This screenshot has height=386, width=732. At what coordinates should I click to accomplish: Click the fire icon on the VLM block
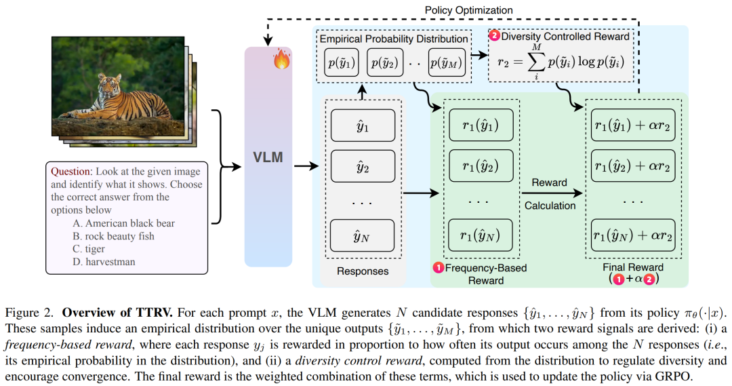(x=281, y=61)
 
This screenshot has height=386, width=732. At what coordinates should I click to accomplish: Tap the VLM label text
(x=268, y=159)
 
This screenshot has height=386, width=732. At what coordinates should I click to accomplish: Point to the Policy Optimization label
(x=468, y=10)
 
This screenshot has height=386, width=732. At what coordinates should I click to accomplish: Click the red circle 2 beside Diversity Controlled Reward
(x=494, y=35)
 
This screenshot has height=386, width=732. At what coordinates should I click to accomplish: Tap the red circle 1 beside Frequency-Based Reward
(x=438, y=268)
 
